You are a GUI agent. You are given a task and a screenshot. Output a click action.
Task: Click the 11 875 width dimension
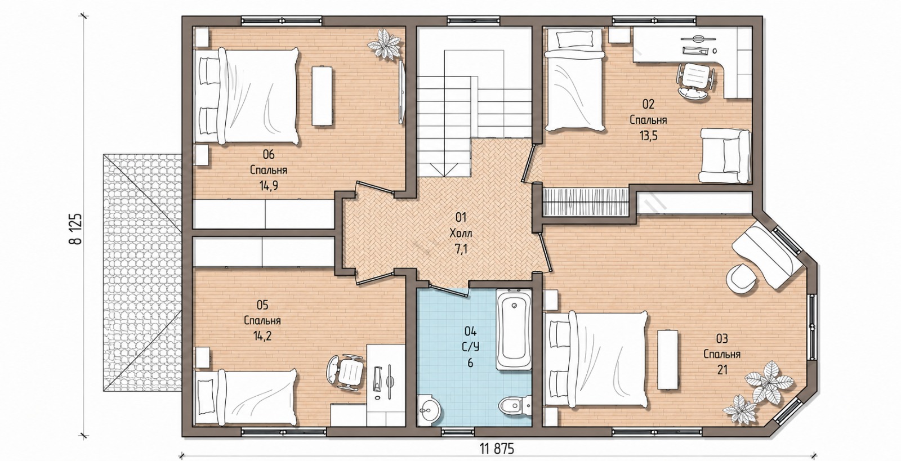[x=497, y=448]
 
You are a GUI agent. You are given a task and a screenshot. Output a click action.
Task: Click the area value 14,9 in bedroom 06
[x=269, y=186]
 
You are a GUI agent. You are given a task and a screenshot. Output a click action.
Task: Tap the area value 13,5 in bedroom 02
[x=648, y=136]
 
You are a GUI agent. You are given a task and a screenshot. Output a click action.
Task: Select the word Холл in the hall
[x=461, y=234]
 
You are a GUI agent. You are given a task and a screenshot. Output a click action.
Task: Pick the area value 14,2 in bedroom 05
[x=262, y=336]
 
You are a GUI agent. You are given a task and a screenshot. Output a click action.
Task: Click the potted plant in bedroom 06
[x=385, y=44]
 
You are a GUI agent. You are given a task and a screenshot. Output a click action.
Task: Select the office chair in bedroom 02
[x=696, y=80]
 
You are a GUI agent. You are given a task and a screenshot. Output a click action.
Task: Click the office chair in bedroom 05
[x=345, y=372]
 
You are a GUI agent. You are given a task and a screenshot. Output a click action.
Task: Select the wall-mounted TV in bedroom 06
[x=402, y=92]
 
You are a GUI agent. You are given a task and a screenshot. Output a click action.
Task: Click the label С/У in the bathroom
[x=471, y=347]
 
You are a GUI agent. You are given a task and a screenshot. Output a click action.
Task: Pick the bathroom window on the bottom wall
[x=458, y=432]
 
